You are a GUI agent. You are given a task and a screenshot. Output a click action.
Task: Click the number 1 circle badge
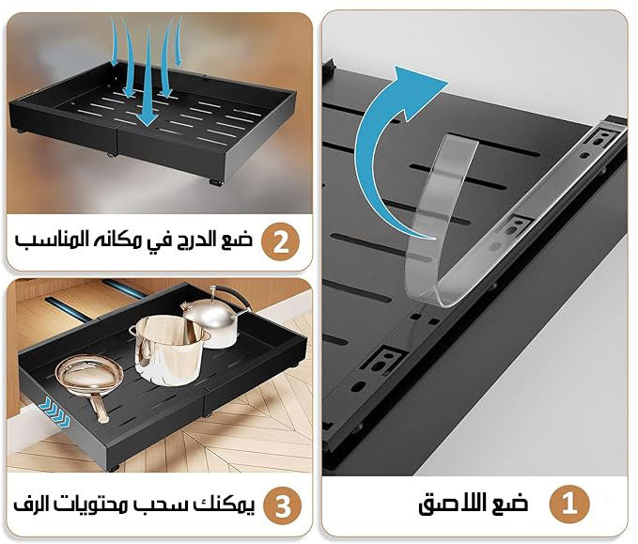coord(569,505)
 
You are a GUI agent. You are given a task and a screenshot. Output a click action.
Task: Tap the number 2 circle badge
coord(280,241)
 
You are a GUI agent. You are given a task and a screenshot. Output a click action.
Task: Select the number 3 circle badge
coord(283,505)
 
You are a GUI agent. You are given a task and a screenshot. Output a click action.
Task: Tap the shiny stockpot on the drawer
coord(169,350)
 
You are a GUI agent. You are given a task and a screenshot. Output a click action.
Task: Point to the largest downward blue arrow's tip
coord(147,124)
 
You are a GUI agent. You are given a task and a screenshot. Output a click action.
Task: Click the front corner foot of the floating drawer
coord(216,182)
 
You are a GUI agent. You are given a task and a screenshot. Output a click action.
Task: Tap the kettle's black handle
coord(232,297)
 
